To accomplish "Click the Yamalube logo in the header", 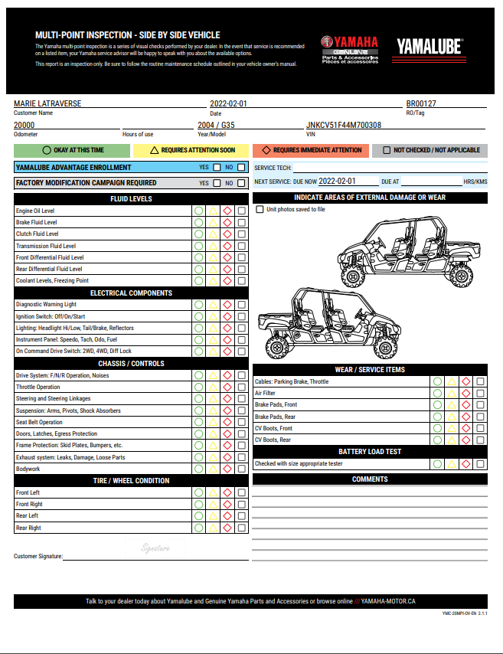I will tap(430, 47).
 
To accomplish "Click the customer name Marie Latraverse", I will tap(47, 103).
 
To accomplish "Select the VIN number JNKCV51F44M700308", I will tap(344, 125).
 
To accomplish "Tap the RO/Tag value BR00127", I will tap(421, 103).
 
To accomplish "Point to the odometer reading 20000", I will tap(24, 125).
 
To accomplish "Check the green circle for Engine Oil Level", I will tap(199, 211).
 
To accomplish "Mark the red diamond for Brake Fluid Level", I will tap(227, 222).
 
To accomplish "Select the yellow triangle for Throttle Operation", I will tap(214, 387).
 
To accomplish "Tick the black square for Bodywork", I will tap(242, 469).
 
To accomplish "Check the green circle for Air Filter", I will tap(437, 393).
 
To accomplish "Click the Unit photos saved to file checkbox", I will tap(260, 209).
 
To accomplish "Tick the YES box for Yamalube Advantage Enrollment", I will tap(217, 168).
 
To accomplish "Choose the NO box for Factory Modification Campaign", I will tap(241, 184).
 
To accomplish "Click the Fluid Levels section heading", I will tap(131, 199).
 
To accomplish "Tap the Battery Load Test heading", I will tap(370, 452).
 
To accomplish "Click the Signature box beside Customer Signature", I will tap(155, 548).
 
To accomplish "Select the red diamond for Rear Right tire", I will tap(227, 528).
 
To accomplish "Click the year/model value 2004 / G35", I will tap(216, 125).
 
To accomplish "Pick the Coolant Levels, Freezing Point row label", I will tap(52, 281).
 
